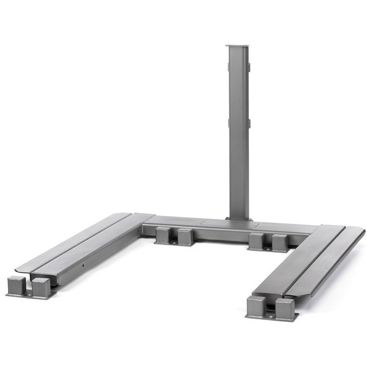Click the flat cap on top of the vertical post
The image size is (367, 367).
click(x=237, y=47)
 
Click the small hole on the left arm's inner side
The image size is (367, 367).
click(x=81, y=267)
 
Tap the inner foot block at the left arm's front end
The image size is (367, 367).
click(x=41, y=287)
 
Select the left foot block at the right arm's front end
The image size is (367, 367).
click(x=257, y=305)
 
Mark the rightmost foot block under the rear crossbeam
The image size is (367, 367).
click(x=280, y=242)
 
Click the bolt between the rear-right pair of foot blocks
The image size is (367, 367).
click(x=269, y=248)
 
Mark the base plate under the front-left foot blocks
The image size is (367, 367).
click(x=29, y=296)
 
